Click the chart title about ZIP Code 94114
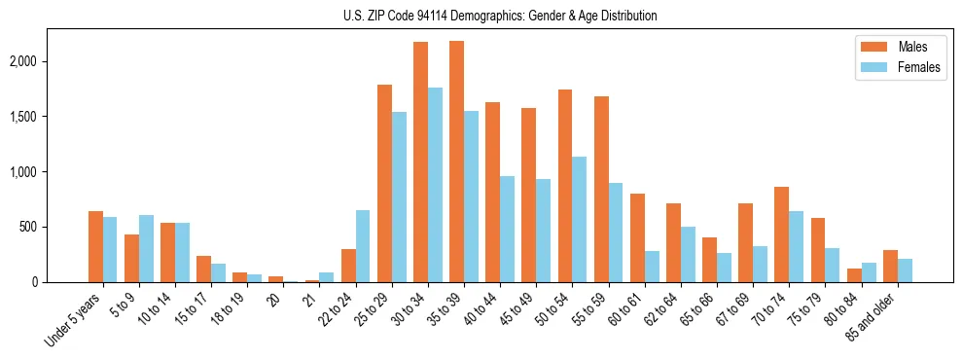click(500, 16)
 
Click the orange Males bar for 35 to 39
click(456, 162)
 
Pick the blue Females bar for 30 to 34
click(435, 185)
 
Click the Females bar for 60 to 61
click(651, 267)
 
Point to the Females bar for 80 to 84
click(868, 272)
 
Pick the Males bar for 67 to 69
click(745, 242)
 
